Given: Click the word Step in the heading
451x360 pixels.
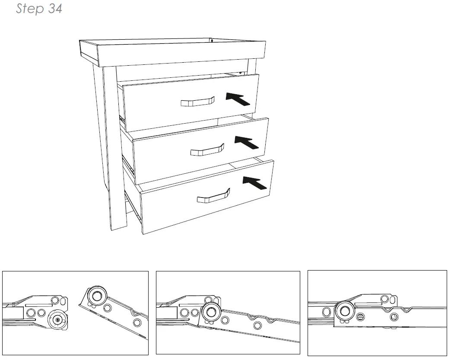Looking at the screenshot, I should pos(30,9).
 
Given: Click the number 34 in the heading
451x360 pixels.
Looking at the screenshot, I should pos(55,9).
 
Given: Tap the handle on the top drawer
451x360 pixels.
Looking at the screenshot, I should pos(197,102).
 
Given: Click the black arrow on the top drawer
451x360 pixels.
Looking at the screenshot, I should pos(238,99).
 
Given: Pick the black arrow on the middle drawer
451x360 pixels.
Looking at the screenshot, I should pos(247,142).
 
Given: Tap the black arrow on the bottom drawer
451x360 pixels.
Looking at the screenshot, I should pos(254,183).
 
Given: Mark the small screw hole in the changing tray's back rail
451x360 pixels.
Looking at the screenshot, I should pos(213,41).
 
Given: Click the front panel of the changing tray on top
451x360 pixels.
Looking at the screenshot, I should pos(179,53).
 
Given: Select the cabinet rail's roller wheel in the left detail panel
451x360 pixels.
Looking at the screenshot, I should pos(57,320).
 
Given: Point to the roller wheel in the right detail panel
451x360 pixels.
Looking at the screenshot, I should pos(344,310).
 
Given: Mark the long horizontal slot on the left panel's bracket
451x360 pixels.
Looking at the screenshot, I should pos(38,305).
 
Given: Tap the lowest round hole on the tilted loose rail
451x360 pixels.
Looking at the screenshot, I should pos(137,322).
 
